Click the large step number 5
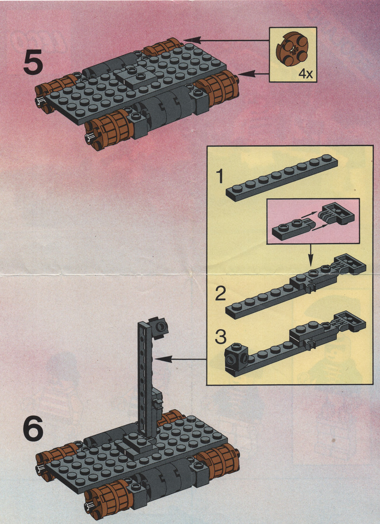(33, 62)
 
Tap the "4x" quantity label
(305, 74)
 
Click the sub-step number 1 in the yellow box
(219, 177)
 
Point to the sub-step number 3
(220, 337)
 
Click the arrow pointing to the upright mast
(181, 359)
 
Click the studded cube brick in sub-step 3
(237, 359)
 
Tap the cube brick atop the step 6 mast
(159, 326)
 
